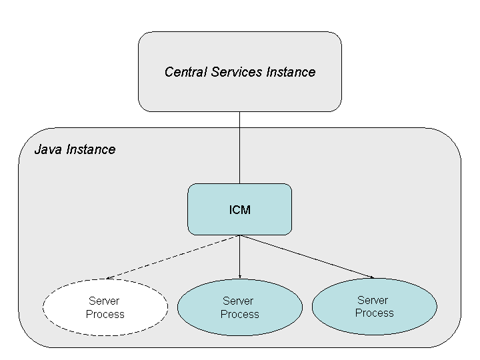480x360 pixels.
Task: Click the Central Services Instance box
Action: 240,93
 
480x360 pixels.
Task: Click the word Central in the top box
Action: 186,72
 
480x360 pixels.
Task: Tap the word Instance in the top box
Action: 291,72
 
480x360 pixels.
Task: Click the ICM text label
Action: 240,210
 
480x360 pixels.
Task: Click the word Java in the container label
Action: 47,149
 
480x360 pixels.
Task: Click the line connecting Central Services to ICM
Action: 240,147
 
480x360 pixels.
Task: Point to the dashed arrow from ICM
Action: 173,257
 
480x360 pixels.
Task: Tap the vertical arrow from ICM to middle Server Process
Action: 240,257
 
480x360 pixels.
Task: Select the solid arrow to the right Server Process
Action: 307,257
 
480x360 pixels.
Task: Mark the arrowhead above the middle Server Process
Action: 240,276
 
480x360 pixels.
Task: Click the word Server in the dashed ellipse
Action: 105,301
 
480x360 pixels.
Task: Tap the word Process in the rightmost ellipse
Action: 375,313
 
